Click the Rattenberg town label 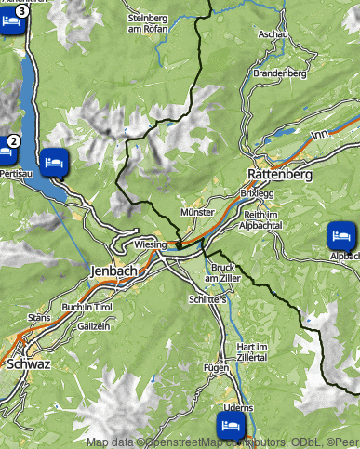(280, 174)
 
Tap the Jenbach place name (114, 271)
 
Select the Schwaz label (28, 364)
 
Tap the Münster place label (197, 213)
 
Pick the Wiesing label (150, 244)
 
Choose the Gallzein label (94, 326)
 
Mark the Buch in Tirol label (87, 307)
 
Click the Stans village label (39, 317)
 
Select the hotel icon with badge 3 (10, 20)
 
